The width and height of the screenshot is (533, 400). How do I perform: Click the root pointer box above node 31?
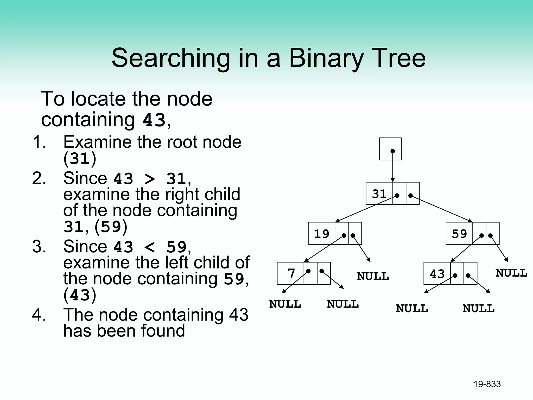tap(390, 149)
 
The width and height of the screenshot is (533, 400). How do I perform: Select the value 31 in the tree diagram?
tap(379, 194)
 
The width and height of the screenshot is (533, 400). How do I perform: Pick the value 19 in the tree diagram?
tap(321, 234)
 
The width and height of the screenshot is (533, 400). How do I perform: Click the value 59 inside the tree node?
tap(459, 234)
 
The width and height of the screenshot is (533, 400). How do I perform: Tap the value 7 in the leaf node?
tap(291, 273)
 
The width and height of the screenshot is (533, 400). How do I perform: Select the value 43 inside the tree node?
tap(437, 274)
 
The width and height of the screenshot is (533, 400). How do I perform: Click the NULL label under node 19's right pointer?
tap(373, 276)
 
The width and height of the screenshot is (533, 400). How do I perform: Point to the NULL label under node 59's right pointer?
tap(511, 273)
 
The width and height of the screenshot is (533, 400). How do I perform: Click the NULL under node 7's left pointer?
tap(285, 304)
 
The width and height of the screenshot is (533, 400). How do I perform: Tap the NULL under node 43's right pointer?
tap(478, 309)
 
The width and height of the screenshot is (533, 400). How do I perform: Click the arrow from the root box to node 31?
tap(393, 167)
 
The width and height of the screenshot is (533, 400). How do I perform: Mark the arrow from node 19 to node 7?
tap(324, 249)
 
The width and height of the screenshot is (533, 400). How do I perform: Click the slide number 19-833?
tap(487, 384)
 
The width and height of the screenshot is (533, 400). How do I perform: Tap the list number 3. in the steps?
tap(39, 246)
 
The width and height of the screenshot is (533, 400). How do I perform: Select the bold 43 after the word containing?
tap(154, 120)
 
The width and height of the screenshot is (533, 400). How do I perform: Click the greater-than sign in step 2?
tap(149, 179)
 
